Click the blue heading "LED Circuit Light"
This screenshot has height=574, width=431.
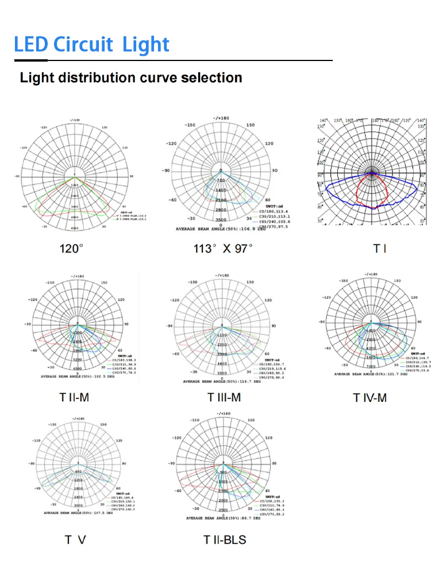pyautogui.click(x=92, y=44)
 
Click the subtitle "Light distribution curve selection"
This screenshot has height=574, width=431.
pyautogui.click(x=131, y=78)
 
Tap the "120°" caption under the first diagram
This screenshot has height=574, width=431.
pyautogui.click(x=72, y=249)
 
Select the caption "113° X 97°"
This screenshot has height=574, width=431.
pyautogui.click(x=223, y=249)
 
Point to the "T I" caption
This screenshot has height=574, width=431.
pyautogui.click(x=379, y=249)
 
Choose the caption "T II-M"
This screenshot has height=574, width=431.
pyautogui.click(x=74, y=397)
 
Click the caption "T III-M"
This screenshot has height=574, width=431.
pyautogui.click(x=224, y=397)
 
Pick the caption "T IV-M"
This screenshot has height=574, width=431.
pyautogui.click(x=370, y=397)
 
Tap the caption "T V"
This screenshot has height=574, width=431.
pyautogui.click(x=75, y=539)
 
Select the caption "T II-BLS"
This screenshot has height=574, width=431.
pyautogui.click(x=225, y=539)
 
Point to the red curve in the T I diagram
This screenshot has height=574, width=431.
pyautogui.click(x=359, y=190)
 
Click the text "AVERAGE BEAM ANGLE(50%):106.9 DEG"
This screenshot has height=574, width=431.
pyautogui.click(x=215, y=229)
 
